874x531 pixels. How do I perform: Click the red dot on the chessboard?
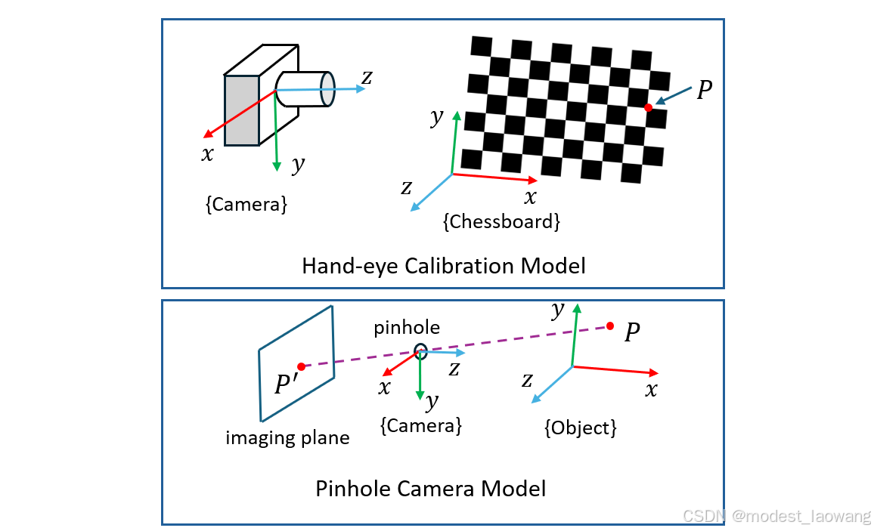tap(648, 108)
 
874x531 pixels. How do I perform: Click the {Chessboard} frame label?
tap(501, 222)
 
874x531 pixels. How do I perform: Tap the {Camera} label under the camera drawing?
tap(246, 204)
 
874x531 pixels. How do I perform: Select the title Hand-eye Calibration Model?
tap(443, 266)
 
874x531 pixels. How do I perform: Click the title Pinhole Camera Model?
tap(430, 489)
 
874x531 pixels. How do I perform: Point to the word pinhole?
tap(406, 328)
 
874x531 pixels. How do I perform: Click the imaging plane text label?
tap(287, 437)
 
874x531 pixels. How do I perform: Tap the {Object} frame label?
tap(581, 428)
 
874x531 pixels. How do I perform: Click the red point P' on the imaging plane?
tap(301, 366)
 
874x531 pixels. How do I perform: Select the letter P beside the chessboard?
tap(704, 91)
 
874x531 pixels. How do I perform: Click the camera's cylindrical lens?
tap(305, 88)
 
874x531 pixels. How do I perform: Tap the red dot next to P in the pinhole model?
tap(610, 326)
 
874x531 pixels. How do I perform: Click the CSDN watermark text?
tap(776, 516)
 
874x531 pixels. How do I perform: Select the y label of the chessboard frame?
tap(435, 117)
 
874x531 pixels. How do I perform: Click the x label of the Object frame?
tap(651, 390)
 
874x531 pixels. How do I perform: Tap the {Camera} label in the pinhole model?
tap(420, 425)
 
